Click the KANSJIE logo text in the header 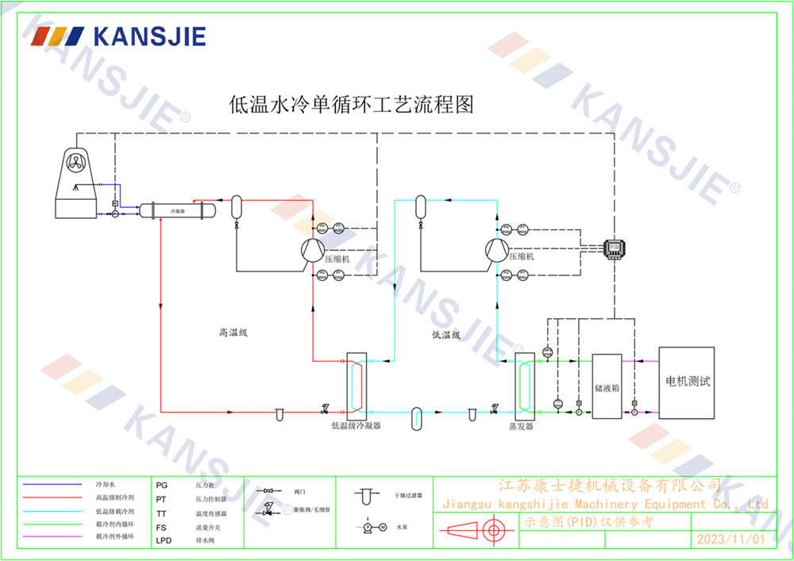pyautogui.click(x=148, y=36)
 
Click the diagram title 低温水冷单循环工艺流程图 pyautogui.click(x=351, y=104)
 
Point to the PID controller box pyautogui.click(x=615, y=248)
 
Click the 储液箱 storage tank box pyautogui.click(x=607, y=387)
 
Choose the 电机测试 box pyautogui.click(x=687, y=382)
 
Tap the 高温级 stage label pyautogui.click(x=233, y=333)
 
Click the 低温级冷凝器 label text pyautogui.click(x=356, y=425)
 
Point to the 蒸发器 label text pyautogui.click(x=521, y=425)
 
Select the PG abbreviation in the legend pyautogui.click(x=162, y=483)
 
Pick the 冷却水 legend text pyautogui.click(x=106, y=483)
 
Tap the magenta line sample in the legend pyautogui.click(x=52, y=537)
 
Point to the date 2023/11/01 pyautogui.click(x=730, y=539)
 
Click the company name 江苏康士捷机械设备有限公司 pyautogui.click(x=608, y=485)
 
